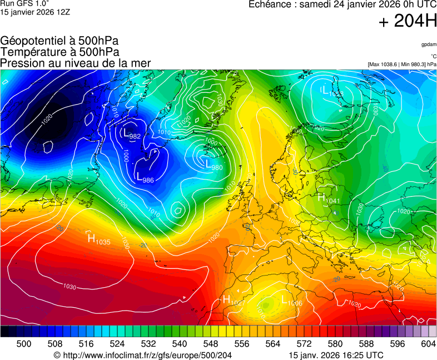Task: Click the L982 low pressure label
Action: coord(132,134)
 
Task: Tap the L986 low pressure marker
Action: coord(145,178)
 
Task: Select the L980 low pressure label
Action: coord(213,165)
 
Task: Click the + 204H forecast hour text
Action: coord(408,22)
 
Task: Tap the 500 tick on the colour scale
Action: coord(24,344)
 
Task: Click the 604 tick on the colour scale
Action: coord(428,344)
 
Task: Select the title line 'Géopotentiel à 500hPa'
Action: coord(59,41)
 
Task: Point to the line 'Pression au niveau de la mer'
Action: coord(76,63)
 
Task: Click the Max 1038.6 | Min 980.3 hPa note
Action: coord(402,64)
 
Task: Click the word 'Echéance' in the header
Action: coord(271,4)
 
